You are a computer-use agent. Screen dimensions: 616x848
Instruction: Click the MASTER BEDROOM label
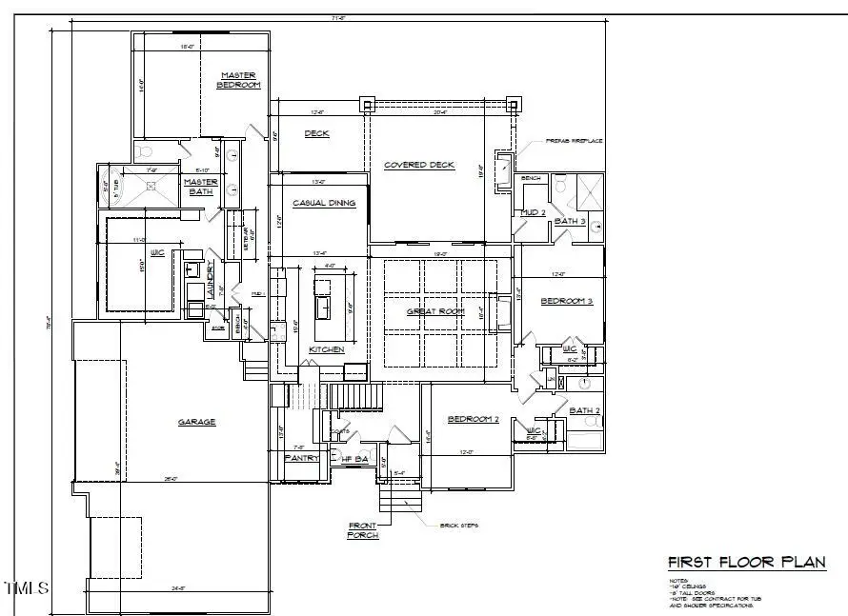point(240,80)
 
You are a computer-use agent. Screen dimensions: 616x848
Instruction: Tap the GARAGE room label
point(196,422)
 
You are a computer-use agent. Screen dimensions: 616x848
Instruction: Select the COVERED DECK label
point(419,166)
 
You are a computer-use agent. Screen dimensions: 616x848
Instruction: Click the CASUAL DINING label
point(324,203)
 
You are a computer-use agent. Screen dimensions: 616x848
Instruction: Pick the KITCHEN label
point(327,350)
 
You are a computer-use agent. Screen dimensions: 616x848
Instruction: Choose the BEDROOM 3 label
point(567,301)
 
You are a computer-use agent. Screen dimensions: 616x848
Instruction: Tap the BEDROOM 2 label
point(474,419)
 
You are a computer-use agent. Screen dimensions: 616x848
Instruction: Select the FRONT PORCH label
point(362,530)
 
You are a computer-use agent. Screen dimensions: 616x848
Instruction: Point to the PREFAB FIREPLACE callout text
point(574,141)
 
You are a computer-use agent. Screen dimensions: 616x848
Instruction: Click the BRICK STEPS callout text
point(457,525)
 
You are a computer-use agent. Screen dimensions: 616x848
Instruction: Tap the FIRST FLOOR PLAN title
point(746,562)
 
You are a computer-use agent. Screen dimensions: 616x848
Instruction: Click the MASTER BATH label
point(201,187)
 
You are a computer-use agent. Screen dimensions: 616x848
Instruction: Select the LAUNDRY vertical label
point(212,283)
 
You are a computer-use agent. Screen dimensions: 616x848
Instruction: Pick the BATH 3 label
point(569,221)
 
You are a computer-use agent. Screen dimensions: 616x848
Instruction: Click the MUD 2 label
point(533,212)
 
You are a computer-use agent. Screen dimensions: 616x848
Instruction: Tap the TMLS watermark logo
point(26,587)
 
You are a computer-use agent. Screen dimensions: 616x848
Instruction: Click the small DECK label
point(317,134)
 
